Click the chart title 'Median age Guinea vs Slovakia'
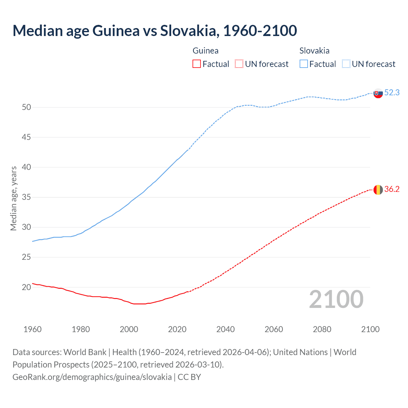coord(155,31)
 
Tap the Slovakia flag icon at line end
coord(378,93)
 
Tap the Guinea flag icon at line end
coord(378,190)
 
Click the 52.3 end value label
coord(392,92)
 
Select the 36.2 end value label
coord(392,189)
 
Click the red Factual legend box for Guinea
coord(197,64)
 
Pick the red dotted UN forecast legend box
coord(239,64)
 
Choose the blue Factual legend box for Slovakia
coord(304,64)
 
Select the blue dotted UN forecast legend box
coord(346,64)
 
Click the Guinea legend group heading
coord(206,51)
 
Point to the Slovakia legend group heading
coord(314,51)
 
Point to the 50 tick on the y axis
coord(26,107)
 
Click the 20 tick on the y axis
coord(26,287)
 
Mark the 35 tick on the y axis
coord(26,197)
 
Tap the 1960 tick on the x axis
coord(33,329)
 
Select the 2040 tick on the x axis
coord(225,329)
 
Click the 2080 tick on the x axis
coord(322,329)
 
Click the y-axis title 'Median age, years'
coord(13,198)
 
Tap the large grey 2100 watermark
coord(336,299)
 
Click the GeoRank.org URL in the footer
coord(92,377)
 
